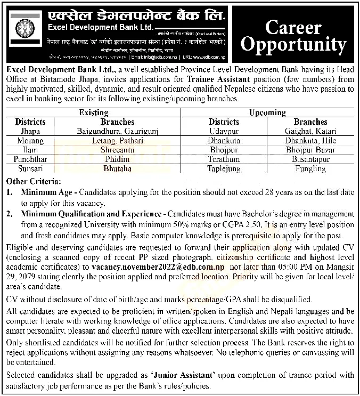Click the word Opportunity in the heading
pos(293,45)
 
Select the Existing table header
pos(94,113)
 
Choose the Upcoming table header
pos(267,113)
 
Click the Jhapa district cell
pos(31,131)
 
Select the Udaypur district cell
pos(224,131)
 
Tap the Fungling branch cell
pos(310,168)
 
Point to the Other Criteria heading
pos(34,181)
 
